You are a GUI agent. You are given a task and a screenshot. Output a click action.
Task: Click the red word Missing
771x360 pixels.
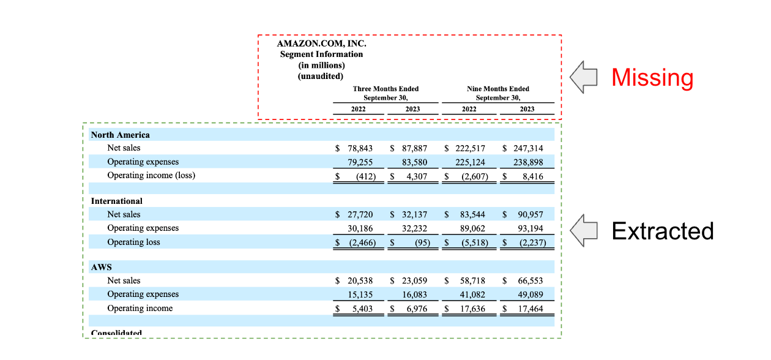tap(652, 78)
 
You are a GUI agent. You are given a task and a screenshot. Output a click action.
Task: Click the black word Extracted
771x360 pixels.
tap(663, 231)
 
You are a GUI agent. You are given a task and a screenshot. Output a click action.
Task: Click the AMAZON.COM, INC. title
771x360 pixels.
tap(322, 44)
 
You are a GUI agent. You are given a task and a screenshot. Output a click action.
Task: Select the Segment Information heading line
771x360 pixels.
tap(322, 54)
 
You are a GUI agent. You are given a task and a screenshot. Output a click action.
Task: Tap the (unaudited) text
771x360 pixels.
tap(321, 76)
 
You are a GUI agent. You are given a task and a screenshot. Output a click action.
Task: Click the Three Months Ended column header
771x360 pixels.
tap(386, 89)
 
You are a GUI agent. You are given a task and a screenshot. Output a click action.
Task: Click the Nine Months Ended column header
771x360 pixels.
tap(498, 89)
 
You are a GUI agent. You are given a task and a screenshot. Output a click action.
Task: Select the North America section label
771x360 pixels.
tap(121, 135)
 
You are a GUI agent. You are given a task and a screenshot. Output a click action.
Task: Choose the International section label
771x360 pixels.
tap(117, 201)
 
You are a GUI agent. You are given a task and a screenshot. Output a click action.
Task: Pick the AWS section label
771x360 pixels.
tap(102, 268)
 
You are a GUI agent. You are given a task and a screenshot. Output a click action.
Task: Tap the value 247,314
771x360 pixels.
tap(526, 148)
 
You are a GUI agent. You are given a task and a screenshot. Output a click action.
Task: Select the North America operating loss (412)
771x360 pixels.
tap(365, 176)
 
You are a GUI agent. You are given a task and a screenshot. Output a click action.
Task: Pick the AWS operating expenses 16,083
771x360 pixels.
tap(414, 294)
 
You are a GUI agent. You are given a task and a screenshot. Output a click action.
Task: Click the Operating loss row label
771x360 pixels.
tap(133, 242)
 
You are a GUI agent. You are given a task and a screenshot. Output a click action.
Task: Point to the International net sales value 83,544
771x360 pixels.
tap(472, 214)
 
